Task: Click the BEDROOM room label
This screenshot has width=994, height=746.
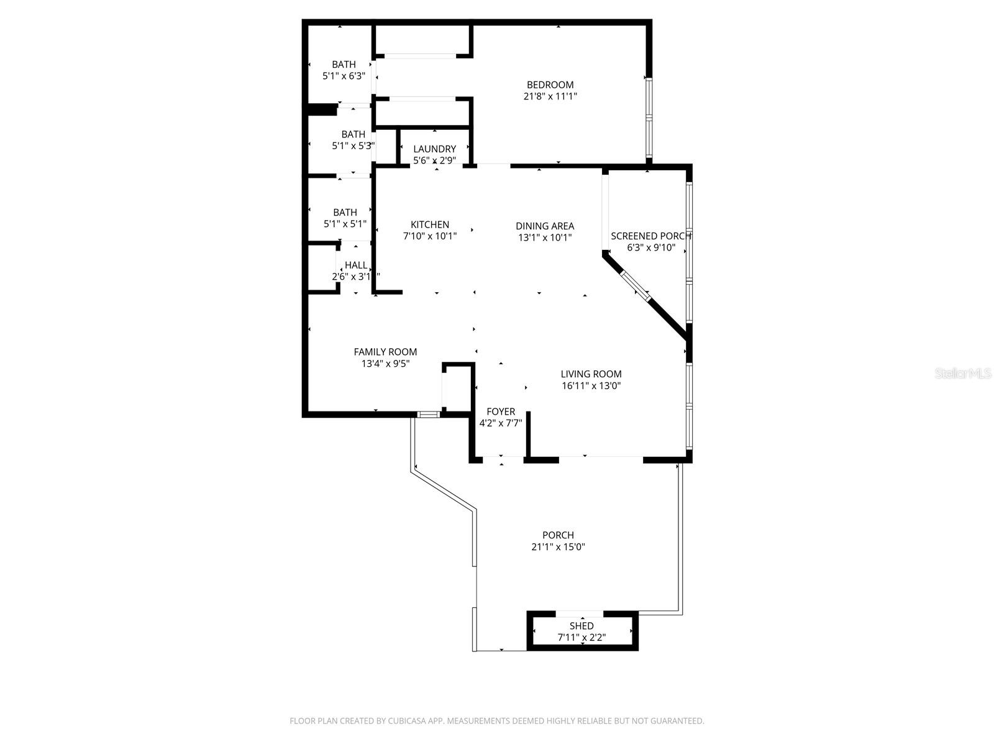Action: tap(550, 85)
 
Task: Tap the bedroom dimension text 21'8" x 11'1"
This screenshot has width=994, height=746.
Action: tap(550, 96)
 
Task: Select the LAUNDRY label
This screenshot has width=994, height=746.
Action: tap(434, 149)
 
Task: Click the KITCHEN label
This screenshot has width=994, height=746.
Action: tap(430, 224)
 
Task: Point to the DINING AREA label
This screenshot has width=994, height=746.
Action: tap(545, 226)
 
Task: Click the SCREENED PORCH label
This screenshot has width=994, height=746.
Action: tap(650, 236)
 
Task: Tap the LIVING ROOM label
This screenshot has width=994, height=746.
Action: tap(591, 374)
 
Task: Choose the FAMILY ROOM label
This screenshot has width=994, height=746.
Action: tap(385, 352)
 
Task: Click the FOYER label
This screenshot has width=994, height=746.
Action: tap(501, 412)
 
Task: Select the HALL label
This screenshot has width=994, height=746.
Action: tap(356, 265)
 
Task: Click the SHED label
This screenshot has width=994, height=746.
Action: tap(581, 625)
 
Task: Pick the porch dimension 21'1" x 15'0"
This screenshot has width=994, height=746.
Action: tap(558, 547)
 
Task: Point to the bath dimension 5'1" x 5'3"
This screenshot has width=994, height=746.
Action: tap(352, 146)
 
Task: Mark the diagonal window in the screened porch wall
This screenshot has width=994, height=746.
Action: tap(635, 287)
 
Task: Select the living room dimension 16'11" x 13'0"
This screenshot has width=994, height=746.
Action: tap(591, 385)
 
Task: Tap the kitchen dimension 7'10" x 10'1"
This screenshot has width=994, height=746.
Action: tap(430, 236)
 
